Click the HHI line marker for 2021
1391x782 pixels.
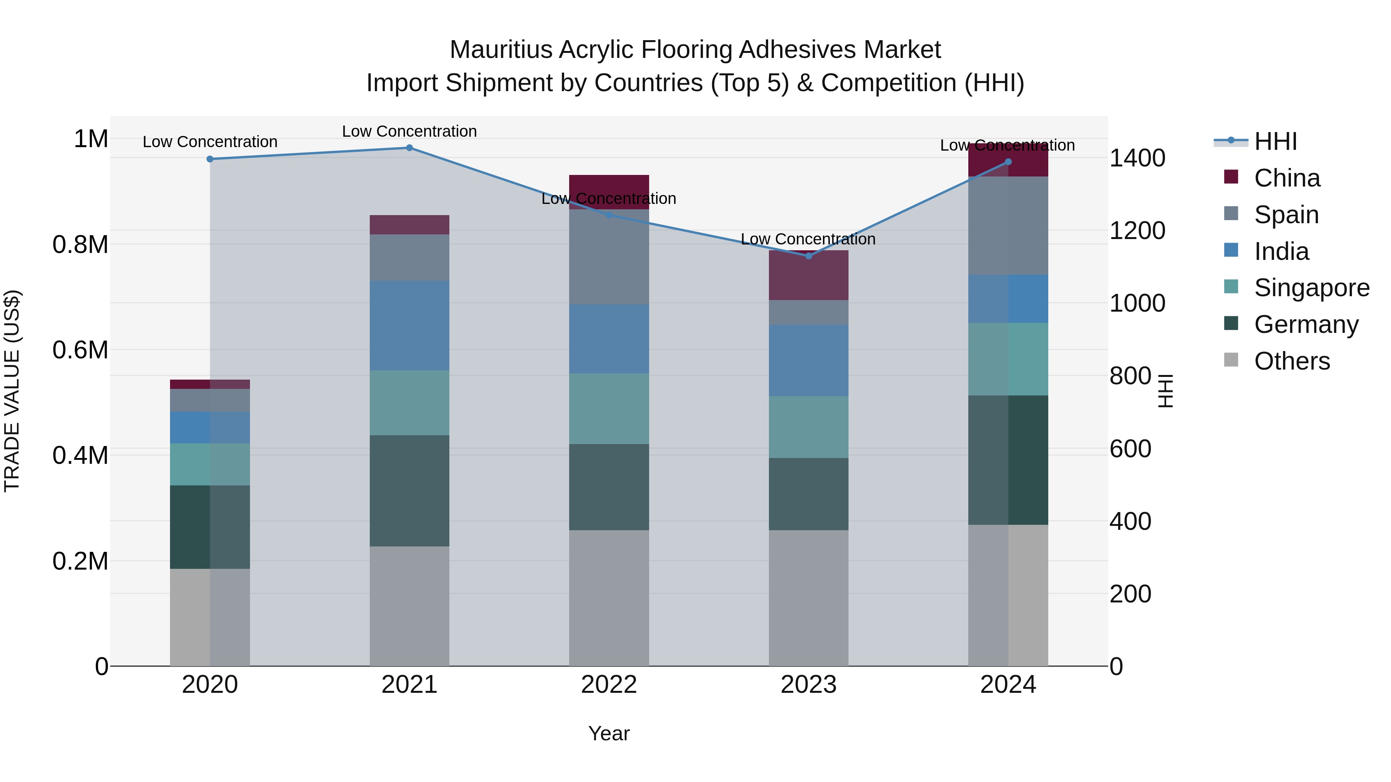point(409,148)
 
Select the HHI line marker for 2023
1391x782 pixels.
point(808,256)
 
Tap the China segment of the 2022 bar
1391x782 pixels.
point(609,186)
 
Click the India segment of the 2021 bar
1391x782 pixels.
point(409,326)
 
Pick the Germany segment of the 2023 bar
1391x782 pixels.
point(808,494)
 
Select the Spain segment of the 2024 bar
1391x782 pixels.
point(1008,226)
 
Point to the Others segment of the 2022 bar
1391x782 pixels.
point(609,598)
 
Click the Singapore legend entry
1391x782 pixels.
point(1311,288)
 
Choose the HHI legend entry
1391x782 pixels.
point(1275,141)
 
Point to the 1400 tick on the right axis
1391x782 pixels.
point(1137,159)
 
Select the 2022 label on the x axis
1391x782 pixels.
point(609,685)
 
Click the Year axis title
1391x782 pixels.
point(609,733)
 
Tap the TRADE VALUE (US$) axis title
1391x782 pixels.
point(12,391)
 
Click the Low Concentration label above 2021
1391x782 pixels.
point(409,131)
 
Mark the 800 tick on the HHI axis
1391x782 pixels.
point(1130,376)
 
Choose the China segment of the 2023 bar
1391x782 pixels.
point(808,275)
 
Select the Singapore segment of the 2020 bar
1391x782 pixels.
point(210,464)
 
